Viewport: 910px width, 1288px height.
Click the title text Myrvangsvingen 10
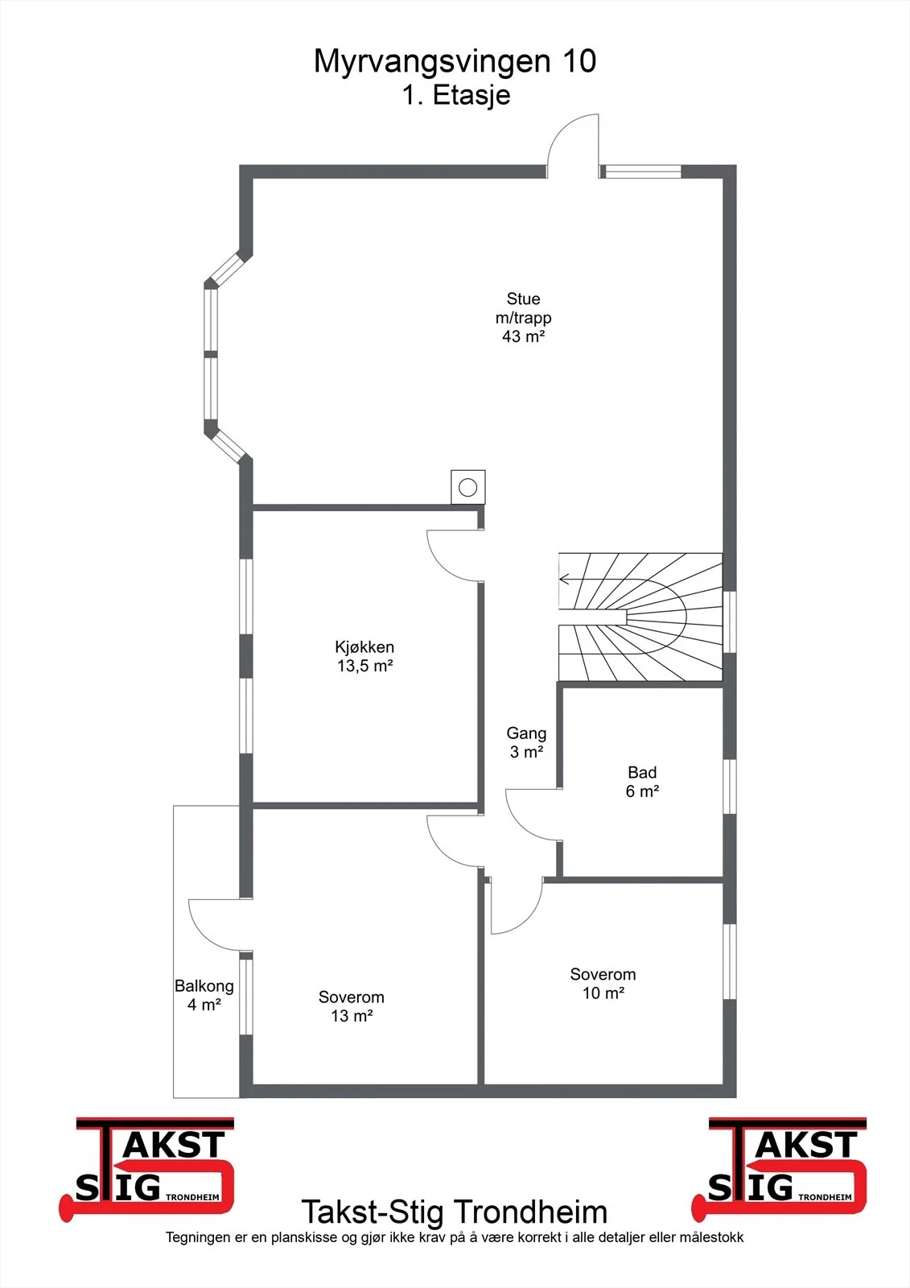pos(455,62)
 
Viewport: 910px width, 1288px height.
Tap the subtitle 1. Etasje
pos(456,96)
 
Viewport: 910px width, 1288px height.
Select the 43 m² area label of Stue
pos(523,336)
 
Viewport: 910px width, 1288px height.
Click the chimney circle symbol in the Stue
pos(468,488)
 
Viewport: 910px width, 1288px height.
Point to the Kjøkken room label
pos(364,647)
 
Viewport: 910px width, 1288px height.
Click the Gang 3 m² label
pos(526,742)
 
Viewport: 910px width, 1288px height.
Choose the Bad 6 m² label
pos(642,782)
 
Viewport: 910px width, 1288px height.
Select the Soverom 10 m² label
pos(603,983)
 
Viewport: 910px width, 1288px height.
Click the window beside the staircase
pos(730,621)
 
